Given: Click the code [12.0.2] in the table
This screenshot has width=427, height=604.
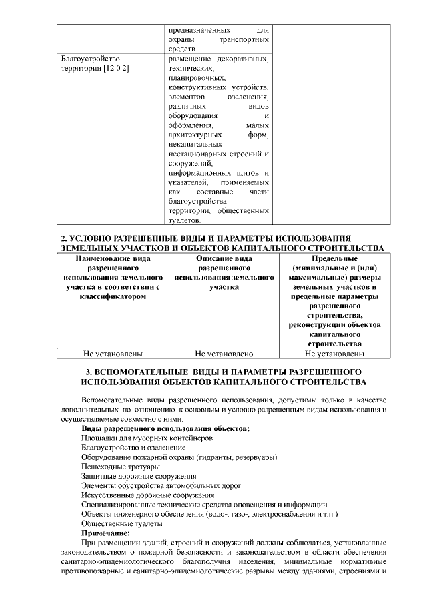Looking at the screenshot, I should [116, 69].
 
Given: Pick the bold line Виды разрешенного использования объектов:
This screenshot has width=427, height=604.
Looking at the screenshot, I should [165, 428].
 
